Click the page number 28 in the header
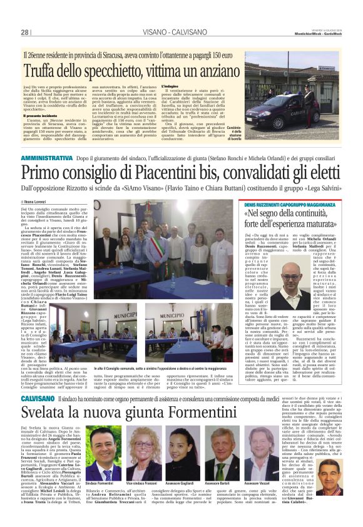click(25, 32)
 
